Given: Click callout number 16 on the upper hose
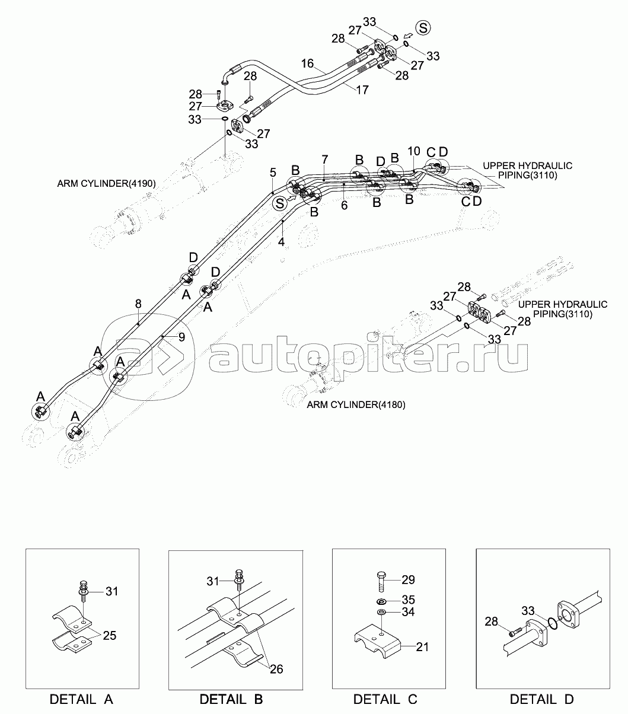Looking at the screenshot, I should [307, 63].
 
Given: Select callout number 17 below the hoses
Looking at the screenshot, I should [362, 90].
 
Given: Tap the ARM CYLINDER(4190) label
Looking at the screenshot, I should [106, 184].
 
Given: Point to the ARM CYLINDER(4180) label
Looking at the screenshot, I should [356, 404].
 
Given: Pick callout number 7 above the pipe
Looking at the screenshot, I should [324, 160].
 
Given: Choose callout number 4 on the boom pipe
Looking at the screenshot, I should [282, 242].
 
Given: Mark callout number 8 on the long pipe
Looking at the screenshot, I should [138, 304].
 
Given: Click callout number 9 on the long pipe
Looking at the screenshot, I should [181, 336].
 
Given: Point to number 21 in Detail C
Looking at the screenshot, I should [422, 647].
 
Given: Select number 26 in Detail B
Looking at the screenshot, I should [276, 669].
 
